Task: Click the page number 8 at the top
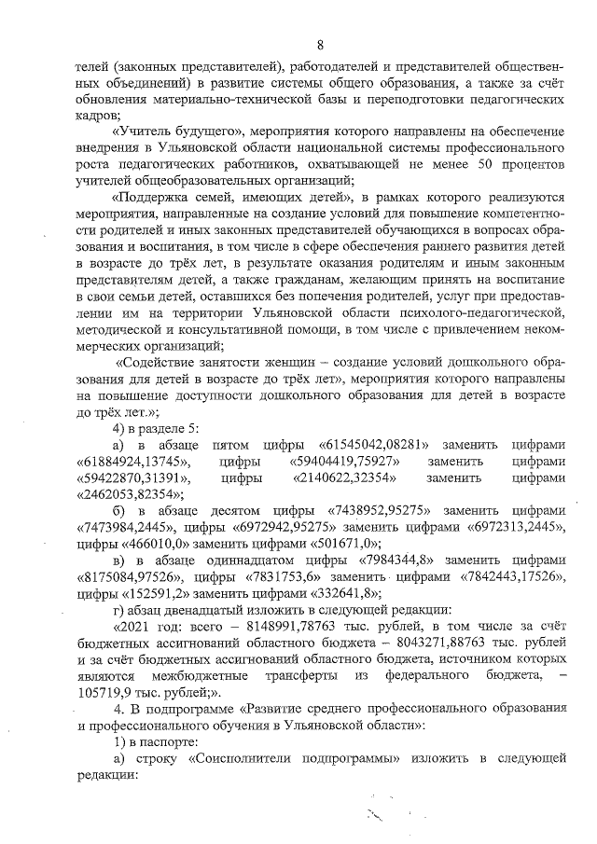click(320, 45)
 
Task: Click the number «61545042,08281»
click(373, 445)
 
